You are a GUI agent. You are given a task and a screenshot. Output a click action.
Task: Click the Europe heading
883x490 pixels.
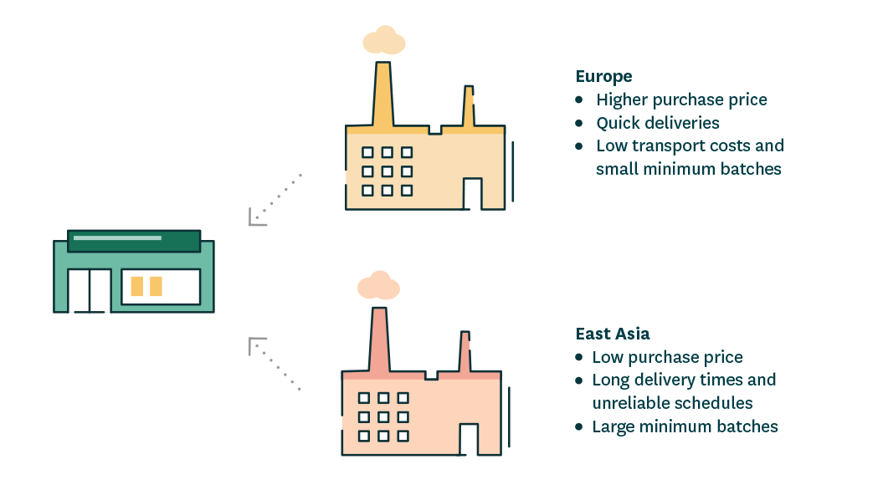click(603, 77)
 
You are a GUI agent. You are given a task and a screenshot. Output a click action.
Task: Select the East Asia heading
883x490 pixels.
click(613, 334)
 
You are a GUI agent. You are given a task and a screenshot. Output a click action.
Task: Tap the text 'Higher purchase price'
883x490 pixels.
click(681, 100)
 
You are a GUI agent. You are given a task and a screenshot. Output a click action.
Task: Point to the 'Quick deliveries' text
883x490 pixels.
click(657, 123)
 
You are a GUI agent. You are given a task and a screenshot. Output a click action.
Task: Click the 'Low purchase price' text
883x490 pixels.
click(667, 357)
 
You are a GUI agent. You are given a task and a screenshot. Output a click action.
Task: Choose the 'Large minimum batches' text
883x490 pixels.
click(685, 426)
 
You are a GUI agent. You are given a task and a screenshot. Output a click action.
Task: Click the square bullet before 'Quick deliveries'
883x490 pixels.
click(579, 123)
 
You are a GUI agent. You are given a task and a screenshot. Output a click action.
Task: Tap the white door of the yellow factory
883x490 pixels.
click(473, 194)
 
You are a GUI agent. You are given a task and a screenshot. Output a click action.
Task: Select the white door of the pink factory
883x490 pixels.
click(469, 440)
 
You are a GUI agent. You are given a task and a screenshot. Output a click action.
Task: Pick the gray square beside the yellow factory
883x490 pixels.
click(275, 200)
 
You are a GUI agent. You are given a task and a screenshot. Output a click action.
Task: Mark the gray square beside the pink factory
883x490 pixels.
click(275, 364)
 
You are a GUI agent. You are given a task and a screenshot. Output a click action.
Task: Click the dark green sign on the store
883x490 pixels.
click(133, 241)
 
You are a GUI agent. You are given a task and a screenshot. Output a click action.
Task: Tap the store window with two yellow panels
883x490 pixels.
click(161, 287)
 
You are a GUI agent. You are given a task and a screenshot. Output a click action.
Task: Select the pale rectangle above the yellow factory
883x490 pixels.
click(383, 40)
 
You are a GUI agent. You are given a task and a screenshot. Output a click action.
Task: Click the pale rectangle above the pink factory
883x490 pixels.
click(378, 285)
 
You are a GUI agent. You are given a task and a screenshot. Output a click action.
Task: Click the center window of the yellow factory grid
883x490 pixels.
click(387, 171)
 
